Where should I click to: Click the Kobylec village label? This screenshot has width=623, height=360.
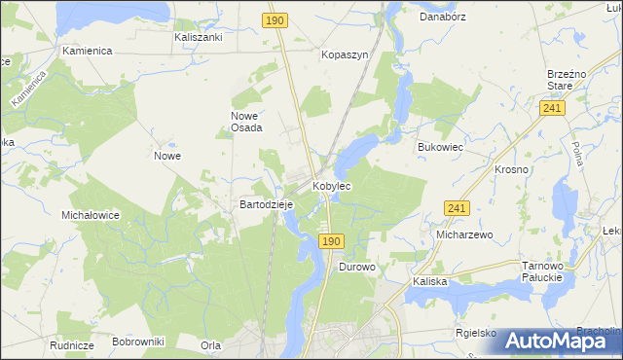pyautogui.click(x=331, y=185)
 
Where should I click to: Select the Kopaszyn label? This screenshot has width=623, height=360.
pyautogui.click(x=345, y=55)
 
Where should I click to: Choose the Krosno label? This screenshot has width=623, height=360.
pyautogui.click(x=511, y=169)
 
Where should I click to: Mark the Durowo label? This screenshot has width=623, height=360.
pyautogui.click(x=356, y=266)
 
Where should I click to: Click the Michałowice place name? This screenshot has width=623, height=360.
pyautogui.click(x=90, y=215)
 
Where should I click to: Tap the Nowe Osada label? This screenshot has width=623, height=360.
pyautogui.click(x=245, y=122)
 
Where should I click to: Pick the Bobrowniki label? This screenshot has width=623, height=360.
pyautogui.click(x=138, y=342)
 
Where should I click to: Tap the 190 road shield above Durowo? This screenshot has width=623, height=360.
pyautogui.click(x=331, y=240)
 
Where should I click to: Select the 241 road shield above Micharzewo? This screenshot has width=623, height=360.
pyautogui.click(x=458, y=208)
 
